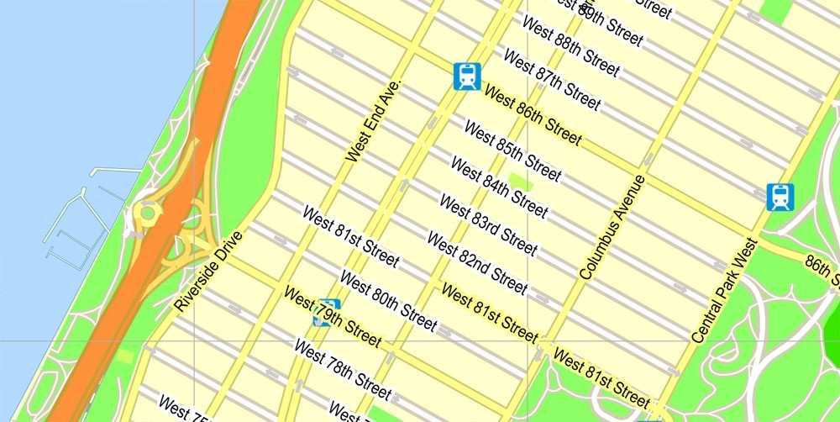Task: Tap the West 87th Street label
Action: click(552, 80)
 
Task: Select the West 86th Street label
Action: click(532, 115)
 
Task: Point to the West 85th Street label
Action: click(512, 152)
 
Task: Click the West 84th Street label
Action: click(499, 187)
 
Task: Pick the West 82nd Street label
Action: click(477, 263)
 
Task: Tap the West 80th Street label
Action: click(388, 300)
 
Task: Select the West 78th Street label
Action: click(343, 369)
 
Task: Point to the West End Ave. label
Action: click(375, 121)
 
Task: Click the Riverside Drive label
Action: click(208, 272)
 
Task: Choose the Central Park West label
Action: click(725, 290)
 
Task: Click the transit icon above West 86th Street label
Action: click(466, 76)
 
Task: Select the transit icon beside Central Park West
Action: click(780, 197)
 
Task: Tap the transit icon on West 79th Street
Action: click(326, 312)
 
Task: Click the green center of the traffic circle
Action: click(148, 213)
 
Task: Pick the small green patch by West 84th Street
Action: click(521, 180)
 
